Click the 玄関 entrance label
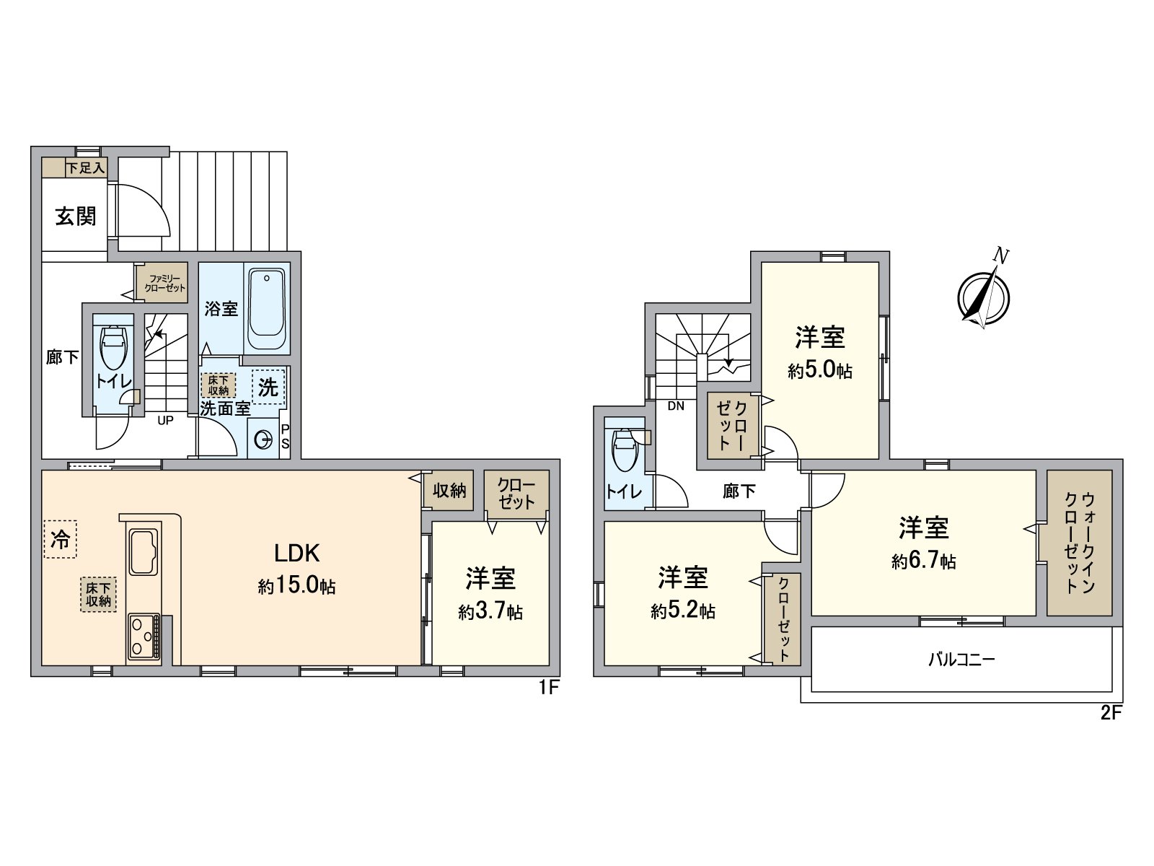pyautogui.click(x=76, y=216)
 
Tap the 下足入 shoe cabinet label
pyautogui.click(x=86, y=168)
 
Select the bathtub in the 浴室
pyautogui.click(x=267, y=310)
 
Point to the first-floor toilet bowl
pyautogui.click(x=113, y=348)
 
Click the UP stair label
pyautogui.click(x=165, y=420)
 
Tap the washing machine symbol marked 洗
pyautogui.click(x=268, y=388)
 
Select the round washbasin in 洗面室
pyautogui.click(x=264, y=439)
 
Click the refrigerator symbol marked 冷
pyautogui.click(x=61, y=539)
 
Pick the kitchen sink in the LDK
pyautogui.click(x=143, y=551)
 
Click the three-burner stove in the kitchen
pyautogui.click(x=143, y=637)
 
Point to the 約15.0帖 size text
pyautogui.click(x=296, y=585)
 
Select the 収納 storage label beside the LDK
pyautogui.click(x=449, y=491)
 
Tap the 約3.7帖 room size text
pyautogui.click(x=490, y=613)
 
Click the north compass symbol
pyautogui.click(x=983, y=296)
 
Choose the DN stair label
pyautogui.click(x=676, y=406)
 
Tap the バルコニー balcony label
pyautogui.click(x=961, y=659)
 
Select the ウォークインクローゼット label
pyautogui.click(x=1079, y=543)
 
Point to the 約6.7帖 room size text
pyautogui.click(x=923, y=561)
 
